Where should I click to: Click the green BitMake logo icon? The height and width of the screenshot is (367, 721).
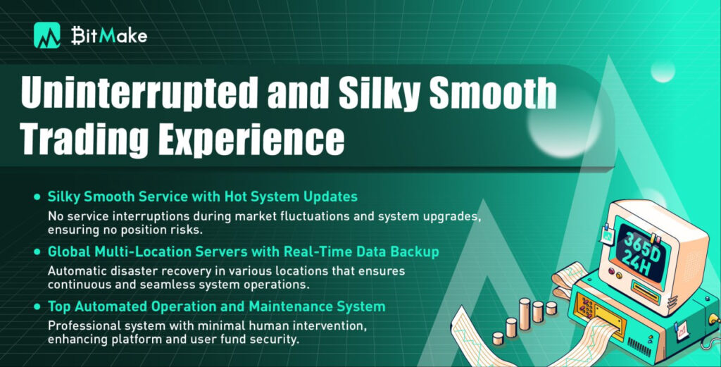click(47, 35)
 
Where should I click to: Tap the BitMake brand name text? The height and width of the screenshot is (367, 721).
click(109, 35)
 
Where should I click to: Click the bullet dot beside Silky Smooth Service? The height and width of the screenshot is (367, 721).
click(37, 197)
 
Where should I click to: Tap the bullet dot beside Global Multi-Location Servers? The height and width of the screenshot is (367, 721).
click(37, 252)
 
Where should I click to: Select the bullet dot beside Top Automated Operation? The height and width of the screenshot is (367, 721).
click(37, 306)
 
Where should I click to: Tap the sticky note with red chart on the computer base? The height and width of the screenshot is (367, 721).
click(682, 330)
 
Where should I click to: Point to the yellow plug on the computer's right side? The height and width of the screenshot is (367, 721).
click(714, 318)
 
